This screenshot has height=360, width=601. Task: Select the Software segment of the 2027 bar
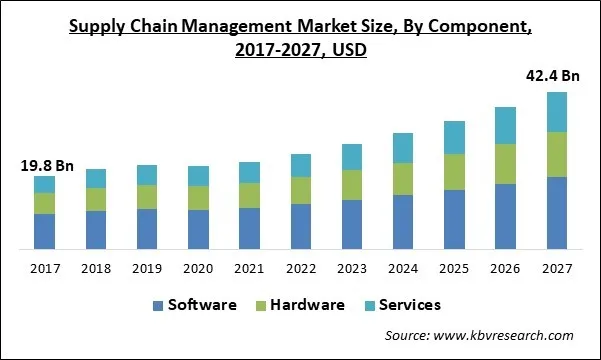[x=557, y=213]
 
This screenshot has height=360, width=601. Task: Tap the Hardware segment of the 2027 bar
[x=557, y=154]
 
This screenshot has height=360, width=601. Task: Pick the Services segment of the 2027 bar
[x=557, y=112]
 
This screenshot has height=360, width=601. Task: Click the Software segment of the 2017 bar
[x=44, y=231]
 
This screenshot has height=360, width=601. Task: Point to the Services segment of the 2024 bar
[x=403, y=148]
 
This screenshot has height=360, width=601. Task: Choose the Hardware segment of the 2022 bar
[x=300, y=190]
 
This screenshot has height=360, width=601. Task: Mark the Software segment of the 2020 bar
[x=198, y=229]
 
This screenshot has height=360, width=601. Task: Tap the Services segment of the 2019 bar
[x=146, y=175]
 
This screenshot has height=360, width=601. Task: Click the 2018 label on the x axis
[x=95, y=268]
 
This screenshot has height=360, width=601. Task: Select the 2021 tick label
[x=249, y=268]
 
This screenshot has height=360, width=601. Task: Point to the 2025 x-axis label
[x=454, y=268]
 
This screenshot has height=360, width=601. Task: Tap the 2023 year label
[x=352, y=268]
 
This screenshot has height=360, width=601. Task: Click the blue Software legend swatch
[x=159, y=305]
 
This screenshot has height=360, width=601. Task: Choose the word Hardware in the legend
[x=305, y=305]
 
